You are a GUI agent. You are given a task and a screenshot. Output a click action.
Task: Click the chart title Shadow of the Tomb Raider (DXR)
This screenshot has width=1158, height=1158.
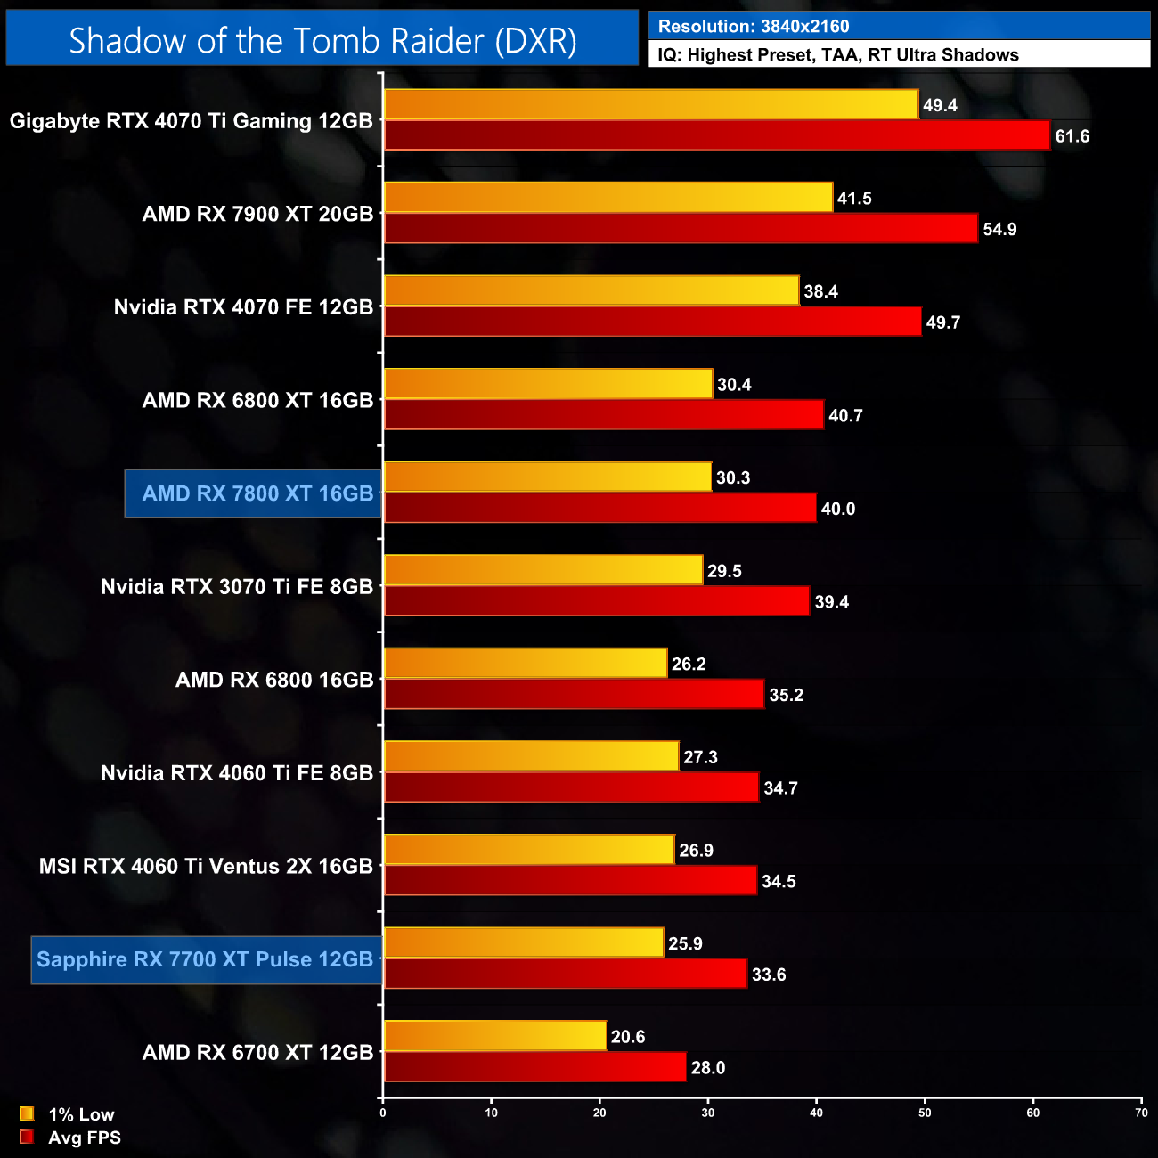pos(322,40)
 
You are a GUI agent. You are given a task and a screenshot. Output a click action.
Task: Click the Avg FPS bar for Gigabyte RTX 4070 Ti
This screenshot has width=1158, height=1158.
pos(716,135)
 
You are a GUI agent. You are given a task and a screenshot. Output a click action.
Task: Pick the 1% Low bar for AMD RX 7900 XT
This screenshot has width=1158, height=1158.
pos(608,198)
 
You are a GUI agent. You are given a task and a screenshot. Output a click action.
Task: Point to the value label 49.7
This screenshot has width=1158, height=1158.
pos(942,322)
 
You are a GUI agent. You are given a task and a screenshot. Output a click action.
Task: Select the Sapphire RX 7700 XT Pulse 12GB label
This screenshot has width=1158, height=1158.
pos(206,959)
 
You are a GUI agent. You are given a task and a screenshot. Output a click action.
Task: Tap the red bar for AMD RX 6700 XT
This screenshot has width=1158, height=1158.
pos(534,1067)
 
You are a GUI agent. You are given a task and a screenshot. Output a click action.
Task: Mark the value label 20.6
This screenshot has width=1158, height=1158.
pos(628,1037)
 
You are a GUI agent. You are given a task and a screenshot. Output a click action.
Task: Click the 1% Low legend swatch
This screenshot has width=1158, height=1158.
pos(27,1114)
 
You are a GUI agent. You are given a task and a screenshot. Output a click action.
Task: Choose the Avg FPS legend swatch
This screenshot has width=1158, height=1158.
pos(27,1138)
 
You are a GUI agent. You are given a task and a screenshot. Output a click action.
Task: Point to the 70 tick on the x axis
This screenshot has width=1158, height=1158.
pos(1141,1113)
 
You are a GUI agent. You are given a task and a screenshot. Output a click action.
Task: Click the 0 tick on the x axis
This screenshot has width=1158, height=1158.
pos(383,1113)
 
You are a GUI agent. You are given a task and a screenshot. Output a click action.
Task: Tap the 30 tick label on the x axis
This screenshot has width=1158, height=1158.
pos(708,1113)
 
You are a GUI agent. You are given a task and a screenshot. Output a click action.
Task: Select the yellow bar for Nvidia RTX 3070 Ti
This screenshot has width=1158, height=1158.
pos(543,570)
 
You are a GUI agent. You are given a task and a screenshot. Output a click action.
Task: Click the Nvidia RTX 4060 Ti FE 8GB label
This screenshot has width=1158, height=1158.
pos(237,773)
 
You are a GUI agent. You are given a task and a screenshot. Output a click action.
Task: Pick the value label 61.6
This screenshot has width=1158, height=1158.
pos(1072,136)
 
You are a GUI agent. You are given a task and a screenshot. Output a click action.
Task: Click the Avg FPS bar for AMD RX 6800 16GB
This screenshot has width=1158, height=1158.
pos(574,695)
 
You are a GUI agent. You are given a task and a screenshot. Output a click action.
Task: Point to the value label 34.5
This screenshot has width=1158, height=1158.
pos(779,882)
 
